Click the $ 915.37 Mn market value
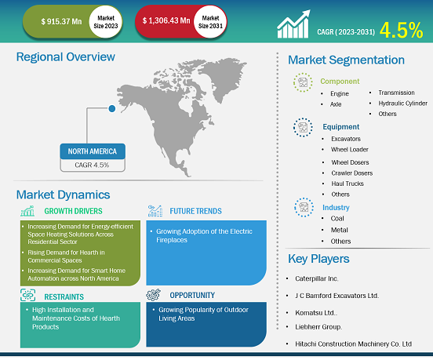pyautogui.click(x=61, y=21)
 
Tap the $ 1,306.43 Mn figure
pyautogui.click(x=166, y=20)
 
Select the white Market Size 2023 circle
pyautogui.click(x=105, y=22)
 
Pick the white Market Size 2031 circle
pyautogui.click(x=210, y=22)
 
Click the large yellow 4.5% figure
pyautogui.click(x=402, y=30)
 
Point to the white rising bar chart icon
pyautogui.click(x=293, y=24)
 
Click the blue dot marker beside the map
pyautogui.click(x=112, y=108)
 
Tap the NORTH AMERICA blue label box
pyautogui.click(x=93, y=151)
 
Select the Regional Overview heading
pyautogui.click(x=66, y=57)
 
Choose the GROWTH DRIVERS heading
pyautogui.click(x=73, y=211)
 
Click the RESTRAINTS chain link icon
pyautogui.click(x=28, y=295)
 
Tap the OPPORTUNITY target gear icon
pyautogui.click(x=154, y=295)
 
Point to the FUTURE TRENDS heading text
pyautogui.click(x=195, y=211)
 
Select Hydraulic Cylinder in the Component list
pyautogui.click(x=403, y=104)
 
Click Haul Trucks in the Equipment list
pyautogui.click(x=347, y=184)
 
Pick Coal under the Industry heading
pyautogui.click(x=337, y=218)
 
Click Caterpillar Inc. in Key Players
pyautogui.click(x=316, y=278)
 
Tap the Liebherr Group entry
pyautogui.click(x=318, y=327)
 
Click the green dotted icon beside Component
pyautogui.click(x=303, y=82)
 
